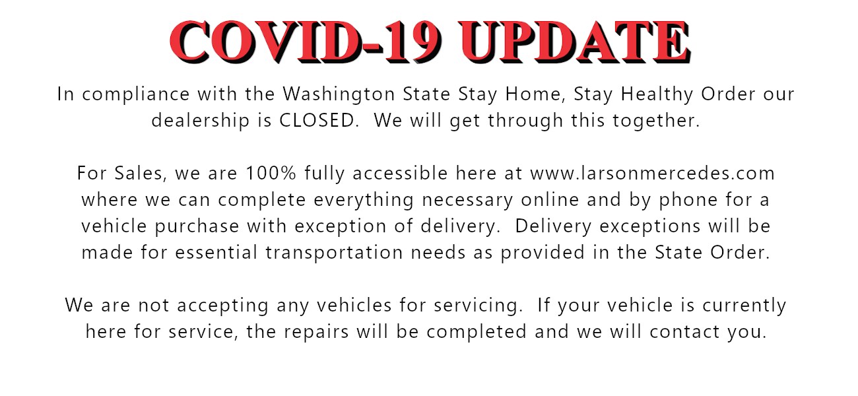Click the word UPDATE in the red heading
[x=576, y=42]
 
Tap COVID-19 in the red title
[x=306, y=42]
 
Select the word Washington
[x=339, y=94]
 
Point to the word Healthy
[x=657, y=94]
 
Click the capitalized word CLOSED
[x=317, y=120]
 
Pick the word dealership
[x=201, y=121]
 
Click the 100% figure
[x=271, y=173]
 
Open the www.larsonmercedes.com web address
[x=653, y=173]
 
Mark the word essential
[x=216, y=253]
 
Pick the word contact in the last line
[x=685, y=332]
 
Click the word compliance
[x=136, y=94]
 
